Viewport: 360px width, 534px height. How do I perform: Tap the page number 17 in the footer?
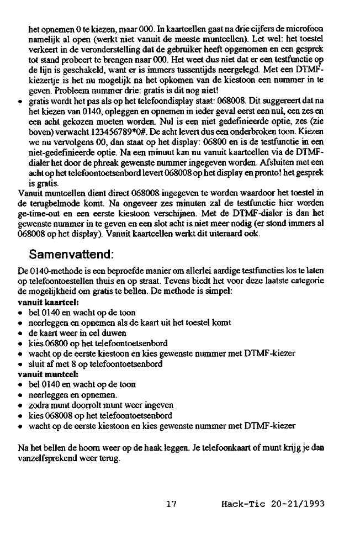pyautogui.click(x=171, y=504)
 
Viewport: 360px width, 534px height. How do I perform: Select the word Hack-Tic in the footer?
pyautogui.click(x=239, y=504)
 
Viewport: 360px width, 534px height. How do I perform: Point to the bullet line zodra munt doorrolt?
pyautogui.click(x=97, y=405)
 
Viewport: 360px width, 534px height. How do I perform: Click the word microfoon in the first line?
pyautogui.click(x=306, y=29)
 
